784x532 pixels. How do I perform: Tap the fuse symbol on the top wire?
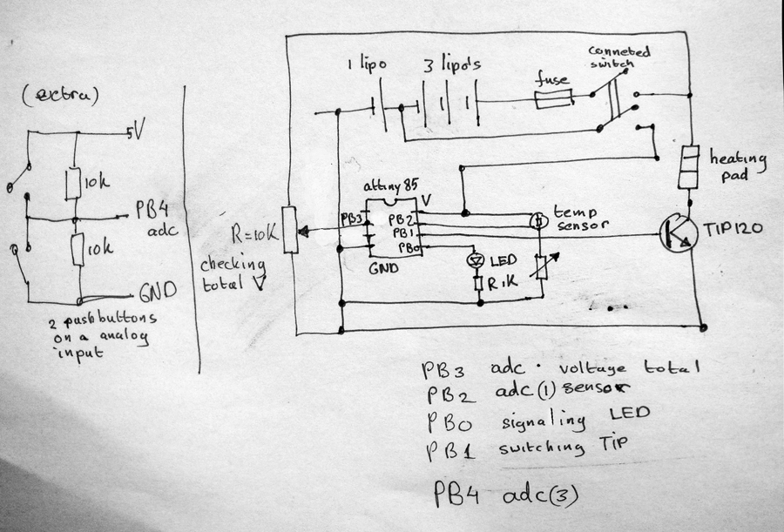click(x=552, y=103)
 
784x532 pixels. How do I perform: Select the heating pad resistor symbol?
click(x=691, y=167)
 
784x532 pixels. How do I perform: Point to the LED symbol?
click(x=476, y=260)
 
